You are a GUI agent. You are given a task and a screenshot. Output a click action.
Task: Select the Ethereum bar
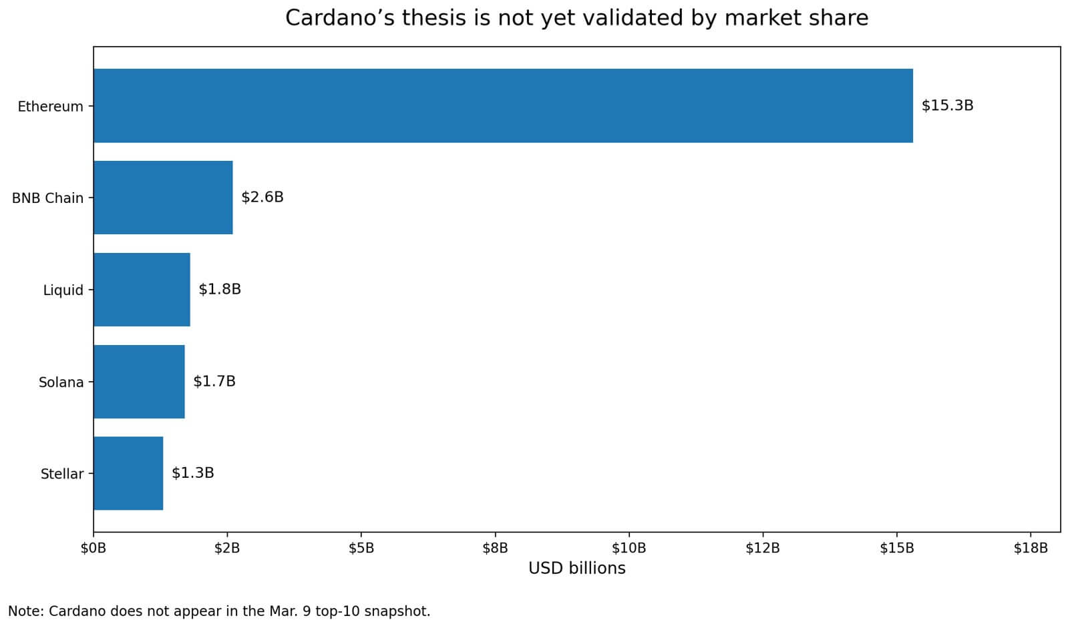coord(503,105)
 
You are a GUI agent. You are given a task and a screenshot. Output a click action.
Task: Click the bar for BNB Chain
coord(163,198)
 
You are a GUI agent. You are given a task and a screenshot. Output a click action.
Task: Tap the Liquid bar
coord(142,290)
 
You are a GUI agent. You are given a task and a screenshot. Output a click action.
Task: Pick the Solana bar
coord(139,382)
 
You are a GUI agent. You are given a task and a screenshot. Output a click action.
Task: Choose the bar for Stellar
coord(128,473)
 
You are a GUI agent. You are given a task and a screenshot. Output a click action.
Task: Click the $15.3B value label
coord(947,105)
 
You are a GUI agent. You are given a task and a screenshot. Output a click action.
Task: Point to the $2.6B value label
coord(262,198)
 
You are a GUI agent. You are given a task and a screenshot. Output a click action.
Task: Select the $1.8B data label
coord(220,290)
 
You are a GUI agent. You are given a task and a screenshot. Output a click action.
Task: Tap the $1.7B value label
coord(214,382)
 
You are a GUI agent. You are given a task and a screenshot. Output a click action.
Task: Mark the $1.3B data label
coord(193,473)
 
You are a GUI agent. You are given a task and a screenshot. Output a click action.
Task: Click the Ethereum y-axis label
coord(50,107)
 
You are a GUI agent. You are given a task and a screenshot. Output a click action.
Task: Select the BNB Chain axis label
coord(47,198)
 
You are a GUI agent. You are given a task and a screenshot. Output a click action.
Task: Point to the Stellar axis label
coord(62,475)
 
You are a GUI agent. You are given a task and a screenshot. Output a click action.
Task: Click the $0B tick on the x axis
coord(94,549)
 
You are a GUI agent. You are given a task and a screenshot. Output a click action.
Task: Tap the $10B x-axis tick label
coord(629,549)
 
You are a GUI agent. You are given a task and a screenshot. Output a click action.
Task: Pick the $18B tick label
coord(1031,549)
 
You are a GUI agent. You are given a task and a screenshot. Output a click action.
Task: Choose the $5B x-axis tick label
coord(361,549)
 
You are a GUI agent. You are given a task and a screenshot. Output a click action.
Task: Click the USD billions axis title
coord(577,569)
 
